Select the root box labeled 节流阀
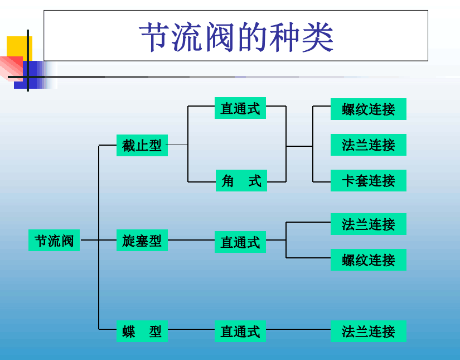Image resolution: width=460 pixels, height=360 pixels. click(x=54, y=241)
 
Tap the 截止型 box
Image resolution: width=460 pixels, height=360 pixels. click(x=142, y=145)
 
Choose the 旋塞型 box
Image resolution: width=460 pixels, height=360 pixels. click(x=142, y=241)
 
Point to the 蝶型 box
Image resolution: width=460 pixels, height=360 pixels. click(x=142, y=331)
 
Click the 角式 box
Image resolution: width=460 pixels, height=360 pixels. click(x=241, y=181)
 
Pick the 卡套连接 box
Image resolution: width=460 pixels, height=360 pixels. click(x=368, y=181)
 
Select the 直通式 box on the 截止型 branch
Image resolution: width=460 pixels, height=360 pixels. click(x=240, y=108)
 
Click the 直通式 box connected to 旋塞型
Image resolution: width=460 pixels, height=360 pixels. click(x=240, y=242)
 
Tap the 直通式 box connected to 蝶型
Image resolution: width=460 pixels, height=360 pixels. click(x=240, y=331)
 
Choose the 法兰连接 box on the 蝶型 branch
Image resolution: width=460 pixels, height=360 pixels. click(x=368, y=331)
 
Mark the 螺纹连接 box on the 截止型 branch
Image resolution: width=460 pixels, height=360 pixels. click(x=368, y=109)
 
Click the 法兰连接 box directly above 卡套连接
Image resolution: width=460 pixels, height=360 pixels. click(x=368, y=145)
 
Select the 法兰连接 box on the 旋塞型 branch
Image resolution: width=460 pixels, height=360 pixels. click(x=368, y=224)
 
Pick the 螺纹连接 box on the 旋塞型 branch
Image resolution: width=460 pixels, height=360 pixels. click(x=368, y=260)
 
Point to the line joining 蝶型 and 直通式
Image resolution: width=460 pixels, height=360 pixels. click(x=191, y=329)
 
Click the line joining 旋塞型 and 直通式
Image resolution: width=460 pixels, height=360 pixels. click(x=191, y=240)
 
